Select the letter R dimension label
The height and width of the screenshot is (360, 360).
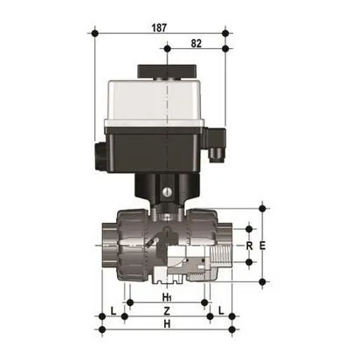(x=249, y=246)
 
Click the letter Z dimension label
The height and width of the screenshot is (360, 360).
(x=166, y=313)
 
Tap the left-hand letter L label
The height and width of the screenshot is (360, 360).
(x=114, y=312)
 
